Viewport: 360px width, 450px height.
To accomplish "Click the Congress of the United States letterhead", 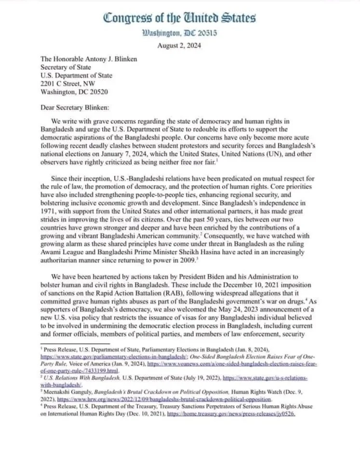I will (179, 18).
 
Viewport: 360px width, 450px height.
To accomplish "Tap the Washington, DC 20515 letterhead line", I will (180, 33).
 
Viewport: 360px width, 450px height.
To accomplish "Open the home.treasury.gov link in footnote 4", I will (231, 414).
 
